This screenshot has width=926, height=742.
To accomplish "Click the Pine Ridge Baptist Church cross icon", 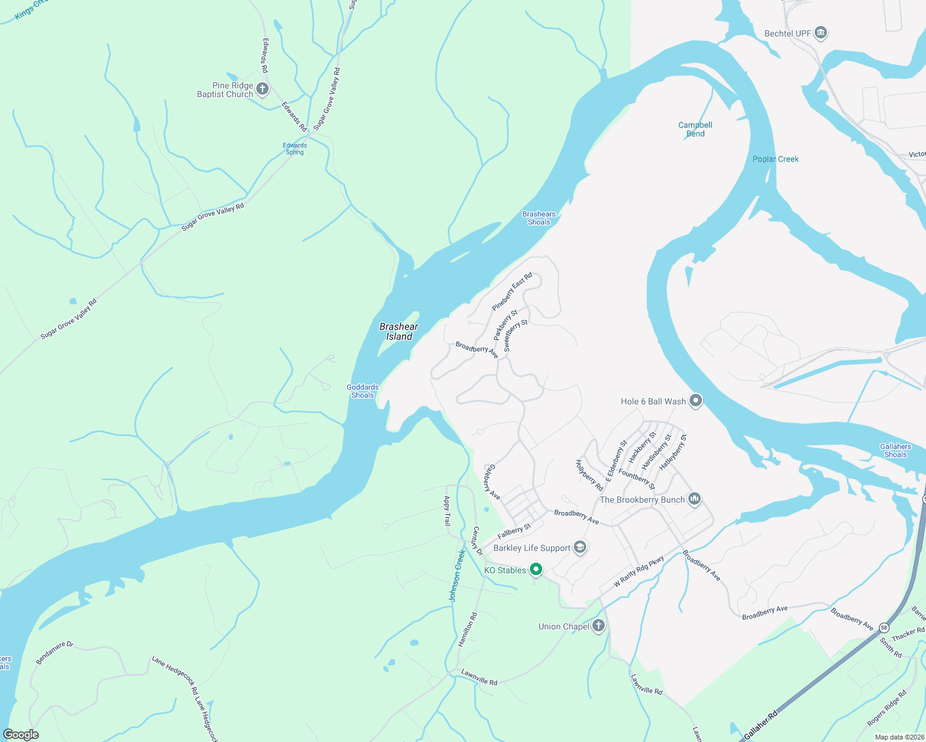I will coord(262,90).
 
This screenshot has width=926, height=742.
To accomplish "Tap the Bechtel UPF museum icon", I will coord(821,33).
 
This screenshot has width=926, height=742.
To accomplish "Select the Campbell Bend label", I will coord(695,129).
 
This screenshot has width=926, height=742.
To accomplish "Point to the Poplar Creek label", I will coord(775,159).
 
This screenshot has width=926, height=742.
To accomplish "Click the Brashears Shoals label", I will coord(539,218).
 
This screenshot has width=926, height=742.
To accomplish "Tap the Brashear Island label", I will coord(399,331).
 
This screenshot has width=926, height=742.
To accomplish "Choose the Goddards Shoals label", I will coord(363,391).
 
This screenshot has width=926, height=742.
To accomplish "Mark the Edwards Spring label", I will coord(295,149).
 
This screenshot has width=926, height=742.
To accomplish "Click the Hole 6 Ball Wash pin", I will coord(696,401).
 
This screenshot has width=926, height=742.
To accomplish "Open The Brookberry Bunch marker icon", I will coord(694,499).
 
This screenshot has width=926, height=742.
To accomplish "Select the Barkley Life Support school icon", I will coord(580,548).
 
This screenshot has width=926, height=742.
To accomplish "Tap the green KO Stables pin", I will coord(536,569).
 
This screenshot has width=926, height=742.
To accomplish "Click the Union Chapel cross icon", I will coord(598,626).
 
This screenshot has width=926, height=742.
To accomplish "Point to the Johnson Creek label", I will coord(457,576).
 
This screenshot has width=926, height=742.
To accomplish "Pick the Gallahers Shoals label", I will coord(895,451).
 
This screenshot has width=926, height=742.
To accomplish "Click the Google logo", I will coord(20,734).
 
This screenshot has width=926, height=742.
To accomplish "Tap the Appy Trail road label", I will coord(447,511).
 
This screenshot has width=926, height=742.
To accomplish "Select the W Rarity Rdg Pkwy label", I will coord(639,571).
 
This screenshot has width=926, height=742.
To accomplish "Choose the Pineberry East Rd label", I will coord(512,292).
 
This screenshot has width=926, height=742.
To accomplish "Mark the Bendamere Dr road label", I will coord(54,653).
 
